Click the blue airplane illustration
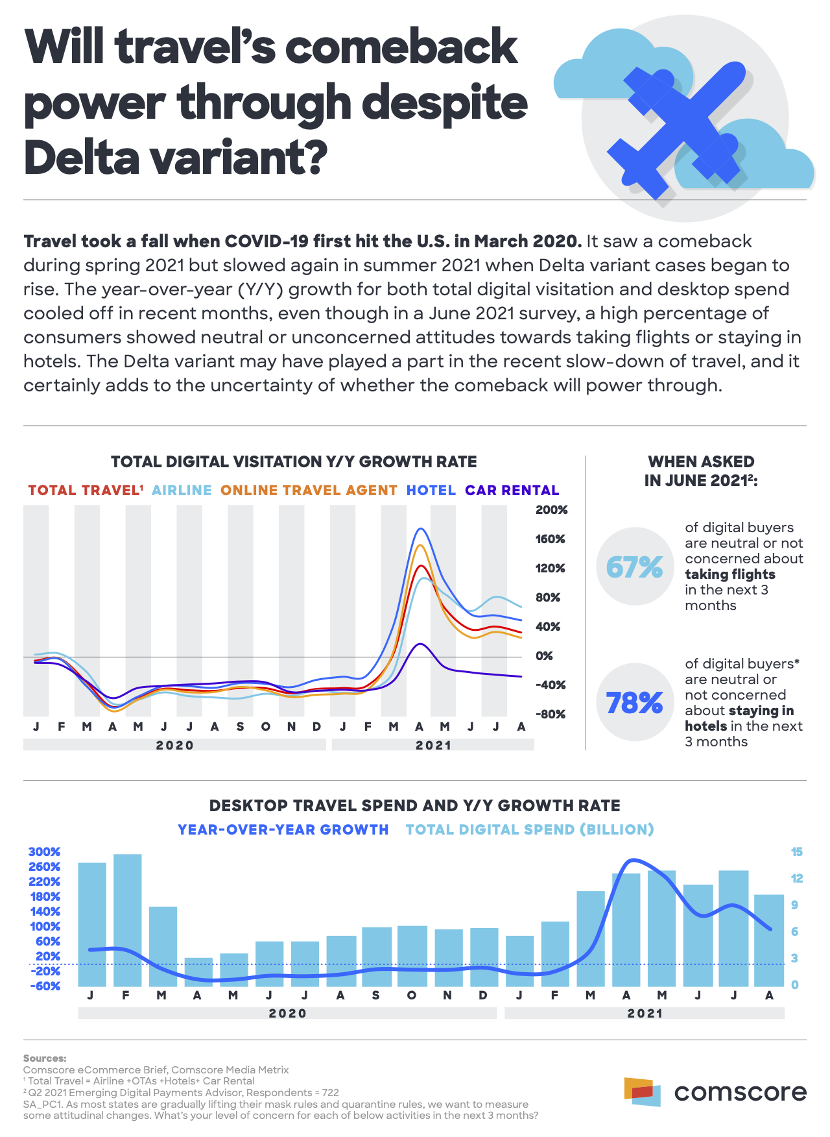point(678,130)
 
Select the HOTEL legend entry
point(431,491)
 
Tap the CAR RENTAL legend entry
point(512,491)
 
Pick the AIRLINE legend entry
point(182,491)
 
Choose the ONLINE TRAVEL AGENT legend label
point(309,491)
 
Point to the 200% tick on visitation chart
point(551,510)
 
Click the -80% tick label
point(551,715)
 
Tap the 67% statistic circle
point(635,567)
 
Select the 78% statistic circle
point(635,702)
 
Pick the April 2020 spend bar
point(198,972)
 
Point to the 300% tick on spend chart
point(45,852)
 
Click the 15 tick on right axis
point(796,852)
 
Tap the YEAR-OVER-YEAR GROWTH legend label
point(283,829)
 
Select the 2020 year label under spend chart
point(287,1013)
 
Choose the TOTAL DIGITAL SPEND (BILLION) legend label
point(530,829)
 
